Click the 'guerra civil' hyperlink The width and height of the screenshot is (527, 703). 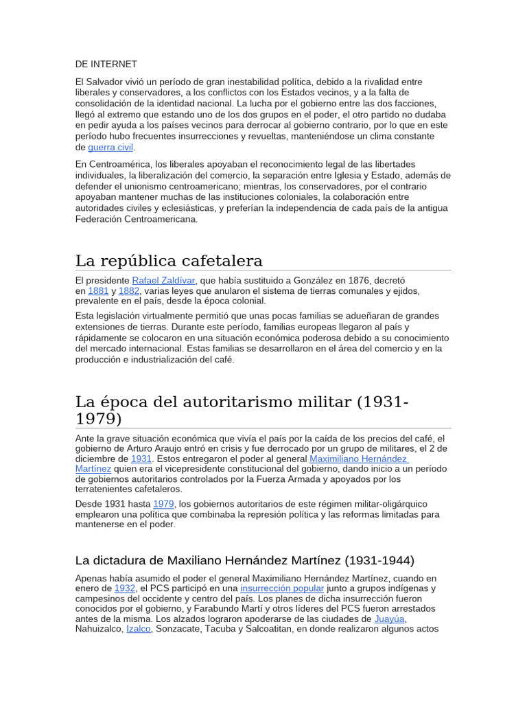(110, 148)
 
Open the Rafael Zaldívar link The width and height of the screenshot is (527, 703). (163, 281)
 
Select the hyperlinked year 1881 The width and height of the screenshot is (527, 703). (98, 291)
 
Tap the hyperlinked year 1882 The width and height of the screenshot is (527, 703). (129, 291)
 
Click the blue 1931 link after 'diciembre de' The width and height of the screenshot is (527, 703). (141, 459)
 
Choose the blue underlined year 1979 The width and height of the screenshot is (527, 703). (163, 504)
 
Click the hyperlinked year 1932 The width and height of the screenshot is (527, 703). (125, 589)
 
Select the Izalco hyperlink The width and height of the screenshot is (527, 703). (139, 630)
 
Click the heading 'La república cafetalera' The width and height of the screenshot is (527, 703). (169, 261)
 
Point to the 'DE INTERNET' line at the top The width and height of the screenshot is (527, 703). (106, 64)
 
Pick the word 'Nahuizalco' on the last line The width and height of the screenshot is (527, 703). (99, 630)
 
